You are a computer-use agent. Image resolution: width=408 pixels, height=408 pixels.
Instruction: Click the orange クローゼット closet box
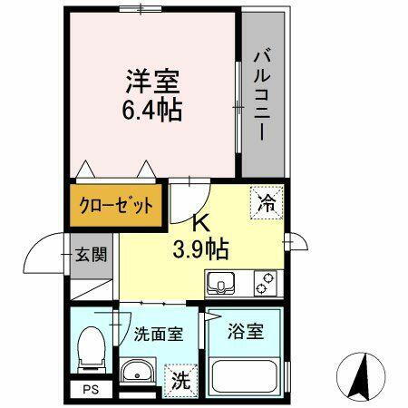pos(114,204)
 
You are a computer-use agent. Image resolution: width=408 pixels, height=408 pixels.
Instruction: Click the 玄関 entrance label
pos(92,254)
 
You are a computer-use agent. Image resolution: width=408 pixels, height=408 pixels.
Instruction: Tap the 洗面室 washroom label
pos(159,333)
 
